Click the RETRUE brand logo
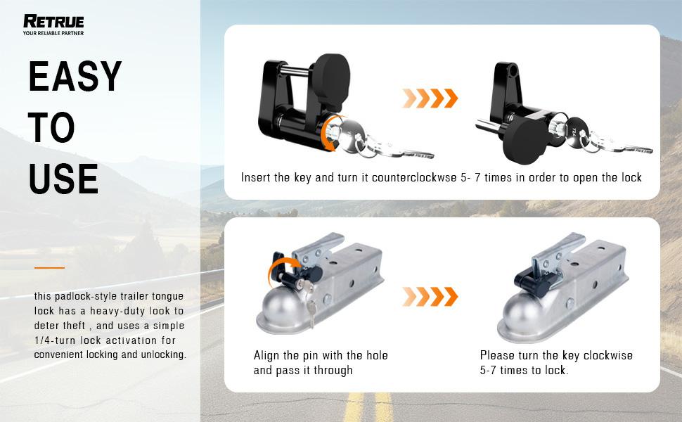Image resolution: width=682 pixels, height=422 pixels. click(53, 21)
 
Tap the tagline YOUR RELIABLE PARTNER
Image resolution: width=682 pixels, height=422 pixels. click(53, 33)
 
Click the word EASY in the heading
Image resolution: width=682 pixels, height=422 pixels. click(75, 76)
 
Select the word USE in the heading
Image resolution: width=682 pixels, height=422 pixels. click(63, 179)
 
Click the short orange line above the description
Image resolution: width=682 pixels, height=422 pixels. click(50, 267)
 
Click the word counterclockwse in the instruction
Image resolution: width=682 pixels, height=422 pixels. click(414, 177)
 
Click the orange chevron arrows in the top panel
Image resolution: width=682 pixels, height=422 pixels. click(430, 98)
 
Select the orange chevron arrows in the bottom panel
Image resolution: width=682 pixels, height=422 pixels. click(430, 297)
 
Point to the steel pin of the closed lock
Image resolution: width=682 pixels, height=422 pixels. click(295, 69)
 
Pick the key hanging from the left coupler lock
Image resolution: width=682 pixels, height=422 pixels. click(311, 311)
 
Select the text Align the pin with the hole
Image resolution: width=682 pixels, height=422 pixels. click(321, 355)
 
